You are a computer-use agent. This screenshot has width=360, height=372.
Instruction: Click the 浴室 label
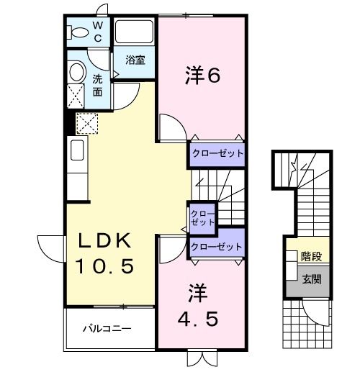pos(135,60)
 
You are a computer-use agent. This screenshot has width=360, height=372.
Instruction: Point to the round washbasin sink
pos(77,72)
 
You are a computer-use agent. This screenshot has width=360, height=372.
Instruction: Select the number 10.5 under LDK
pos(105,267)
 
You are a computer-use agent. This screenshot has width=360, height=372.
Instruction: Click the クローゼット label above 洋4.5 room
pos(216,247)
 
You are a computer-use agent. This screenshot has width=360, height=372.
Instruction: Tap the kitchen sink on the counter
pos(76,151)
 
